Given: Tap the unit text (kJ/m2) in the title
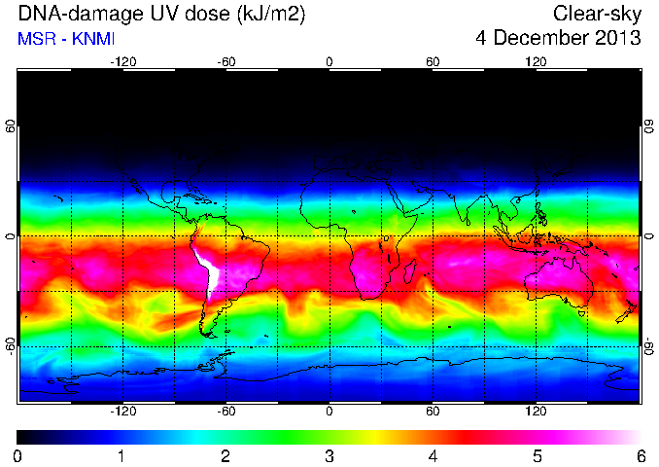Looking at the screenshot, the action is click(x=271, y=15).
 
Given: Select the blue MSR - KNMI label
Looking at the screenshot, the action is click(x=66, y=39).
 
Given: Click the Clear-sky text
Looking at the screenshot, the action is click(x=597, y=15).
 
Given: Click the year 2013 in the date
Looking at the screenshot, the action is click(x=618, y=38).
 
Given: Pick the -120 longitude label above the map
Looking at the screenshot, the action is click(x=123, y=62).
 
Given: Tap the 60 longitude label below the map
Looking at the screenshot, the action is click(x=433, y=411).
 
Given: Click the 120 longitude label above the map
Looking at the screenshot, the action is click(x=536, y=62).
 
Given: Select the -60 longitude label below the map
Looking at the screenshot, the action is click(x=226, y=411).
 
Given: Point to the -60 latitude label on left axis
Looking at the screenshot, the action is click(x=11, y=345).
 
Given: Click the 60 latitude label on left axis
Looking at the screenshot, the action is click(x=11, y=126).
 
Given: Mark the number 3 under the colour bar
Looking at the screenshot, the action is click(x=329, y=456).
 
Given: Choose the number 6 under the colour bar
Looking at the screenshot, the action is click(x=641, y=456).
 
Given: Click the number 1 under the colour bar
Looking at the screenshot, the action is click(x=121, y=456).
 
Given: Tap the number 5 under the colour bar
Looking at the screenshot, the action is click(x=538, y=456).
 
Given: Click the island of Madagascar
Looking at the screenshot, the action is click(x=410, y=270).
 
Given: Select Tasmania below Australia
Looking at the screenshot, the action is click(x=582, y=313).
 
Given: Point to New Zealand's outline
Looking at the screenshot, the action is click(x=627, y=311).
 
